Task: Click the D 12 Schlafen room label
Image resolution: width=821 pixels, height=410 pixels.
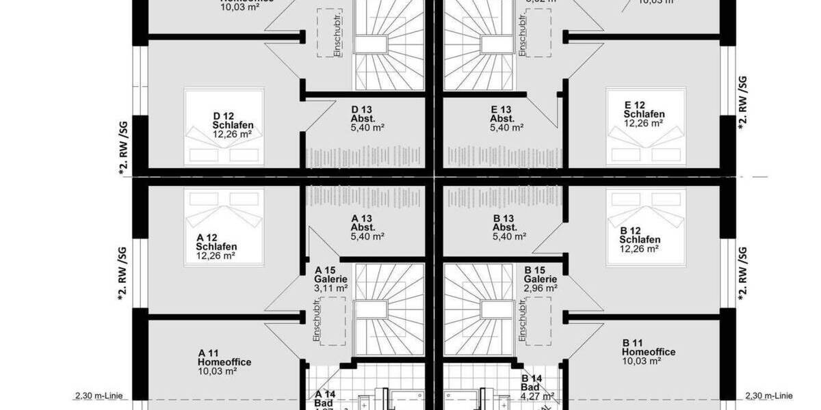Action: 233,120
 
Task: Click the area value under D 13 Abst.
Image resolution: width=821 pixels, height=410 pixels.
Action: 367,128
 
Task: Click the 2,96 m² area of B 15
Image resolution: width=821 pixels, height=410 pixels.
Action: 540,288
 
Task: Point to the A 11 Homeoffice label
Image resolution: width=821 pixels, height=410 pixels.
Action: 224,357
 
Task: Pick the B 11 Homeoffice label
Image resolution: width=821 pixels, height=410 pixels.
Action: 649,347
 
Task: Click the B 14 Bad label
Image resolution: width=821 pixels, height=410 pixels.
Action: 534,382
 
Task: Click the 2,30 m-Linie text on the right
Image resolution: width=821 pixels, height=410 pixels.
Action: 769,396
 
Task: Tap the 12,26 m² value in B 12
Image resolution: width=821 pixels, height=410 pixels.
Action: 640,249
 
